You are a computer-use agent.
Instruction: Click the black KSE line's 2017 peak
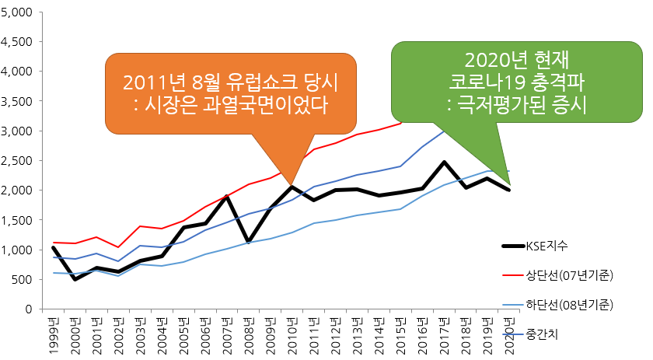point(443,162)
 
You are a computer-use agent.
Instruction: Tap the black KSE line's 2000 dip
point(75,279)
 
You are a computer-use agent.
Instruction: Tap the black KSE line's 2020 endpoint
point(509,190)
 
